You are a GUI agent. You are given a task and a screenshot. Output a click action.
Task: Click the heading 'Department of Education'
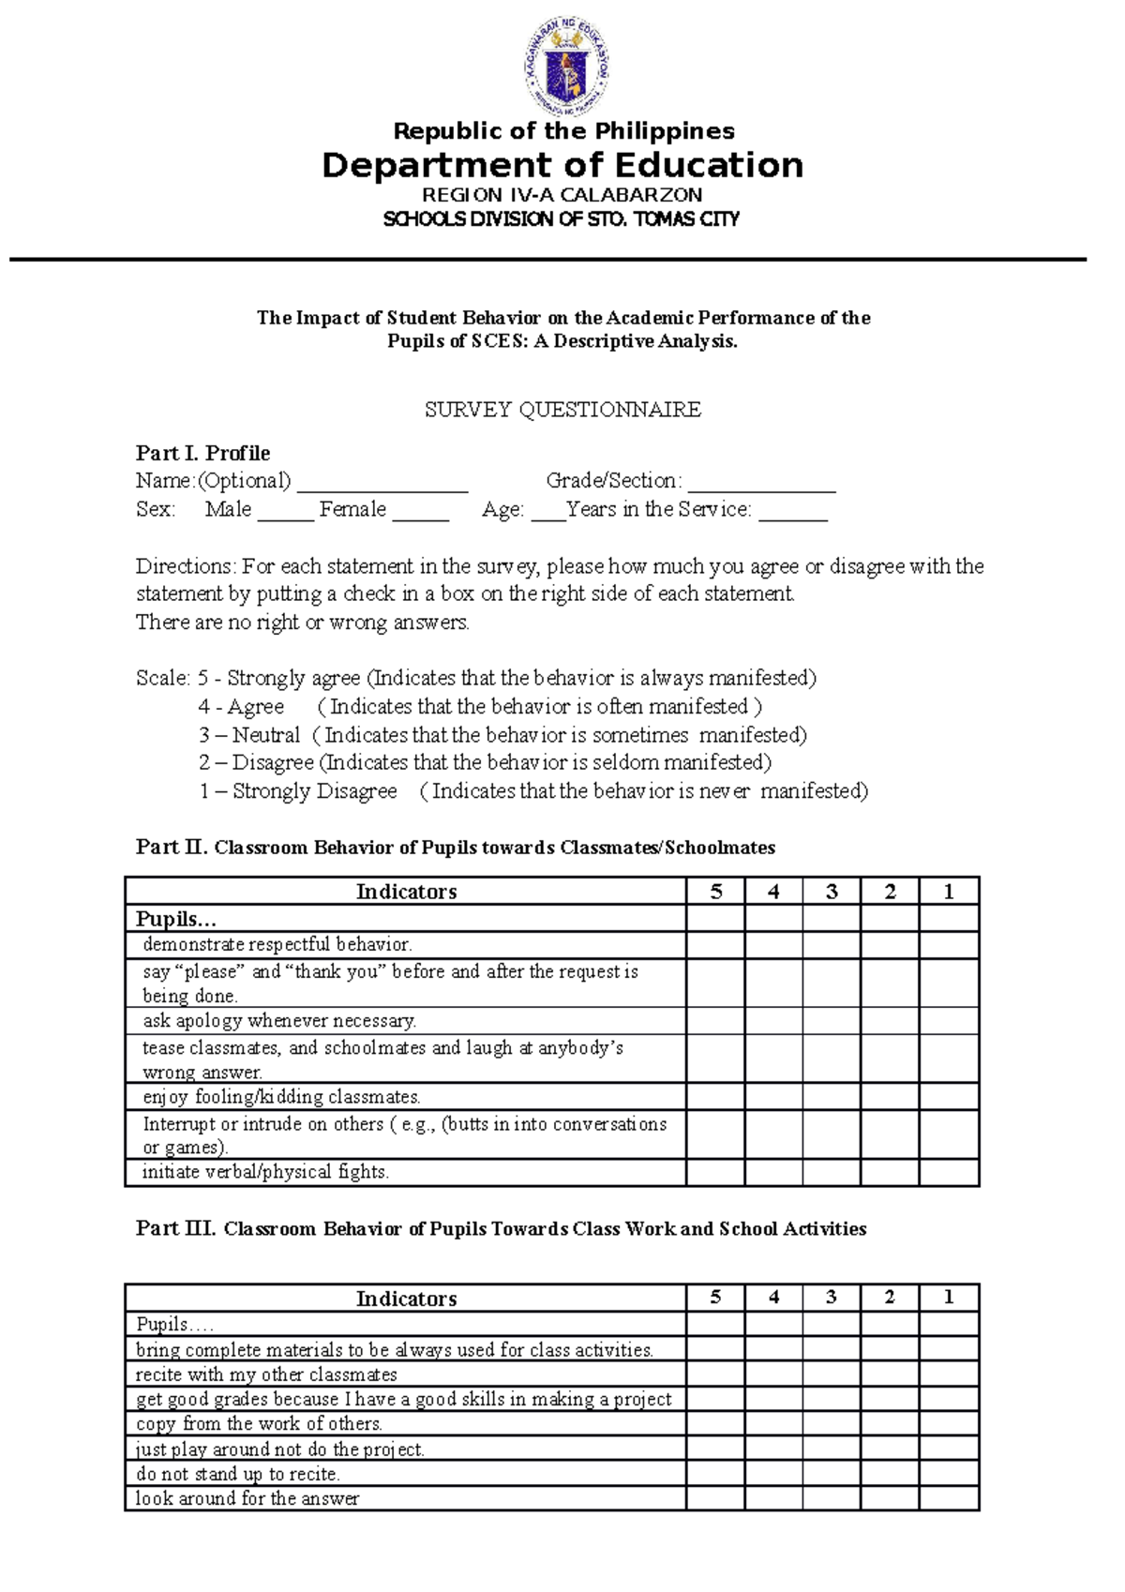tap(562, 165)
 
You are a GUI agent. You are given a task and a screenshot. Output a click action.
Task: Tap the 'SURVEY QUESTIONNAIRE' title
tap(562, 410)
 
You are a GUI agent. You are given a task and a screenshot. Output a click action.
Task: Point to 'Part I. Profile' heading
tap(202, 454)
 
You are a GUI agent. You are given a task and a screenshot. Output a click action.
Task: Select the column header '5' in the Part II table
tap(716, 891)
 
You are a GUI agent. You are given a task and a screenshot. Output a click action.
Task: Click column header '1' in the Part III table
tap(949, 1298)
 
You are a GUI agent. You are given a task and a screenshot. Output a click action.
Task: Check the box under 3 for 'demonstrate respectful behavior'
tap(832, 944)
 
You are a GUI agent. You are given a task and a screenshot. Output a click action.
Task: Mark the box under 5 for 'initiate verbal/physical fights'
tap(716, 1172)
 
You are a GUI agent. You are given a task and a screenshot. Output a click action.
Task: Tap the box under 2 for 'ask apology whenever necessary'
tap(890, 1020)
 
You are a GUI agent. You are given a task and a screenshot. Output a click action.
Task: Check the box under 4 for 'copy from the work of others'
tap(773, 1423)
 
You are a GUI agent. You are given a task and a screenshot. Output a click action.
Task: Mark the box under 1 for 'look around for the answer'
tap(949, 1498)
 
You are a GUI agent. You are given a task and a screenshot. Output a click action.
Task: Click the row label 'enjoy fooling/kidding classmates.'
tap(281, 1097)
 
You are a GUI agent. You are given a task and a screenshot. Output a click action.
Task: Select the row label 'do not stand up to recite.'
tap(238, 1474)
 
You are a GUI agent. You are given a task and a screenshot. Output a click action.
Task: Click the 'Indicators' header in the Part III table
tap(406, 1299)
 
